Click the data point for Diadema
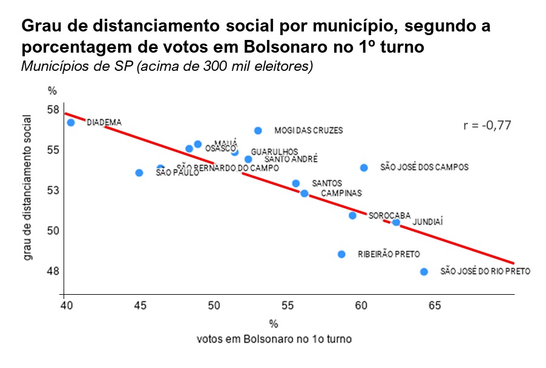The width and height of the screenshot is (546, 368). (x=71, y=122)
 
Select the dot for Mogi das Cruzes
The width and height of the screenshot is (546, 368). (x=258, y=130)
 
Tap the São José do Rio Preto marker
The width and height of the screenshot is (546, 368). (x=424, y=272)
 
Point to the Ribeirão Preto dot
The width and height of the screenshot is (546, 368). (x=341, y=254)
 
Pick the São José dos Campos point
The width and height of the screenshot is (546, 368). (x=364, y=168)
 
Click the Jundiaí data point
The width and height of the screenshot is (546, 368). (x=396, y=222)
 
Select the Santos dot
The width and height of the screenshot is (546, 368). (x=295, y=183)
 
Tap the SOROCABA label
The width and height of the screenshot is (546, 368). (x=389, y=215)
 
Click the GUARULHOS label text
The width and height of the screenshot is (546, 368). (x=274, y=151)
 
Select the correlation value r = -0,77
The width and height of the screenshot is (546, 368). (x=487, y=126)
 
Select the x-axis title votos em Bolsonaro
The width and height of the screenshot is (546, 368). (x=274, y=339)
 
